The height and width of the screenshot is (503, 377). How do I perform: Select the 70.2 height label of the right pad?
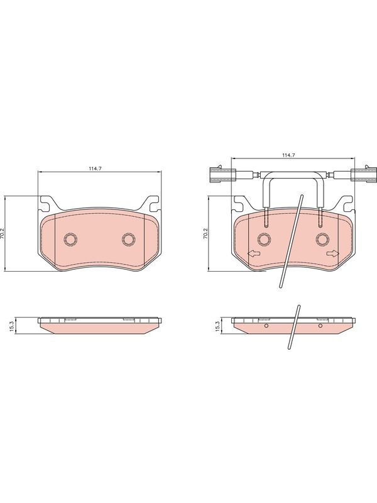click(205, 233)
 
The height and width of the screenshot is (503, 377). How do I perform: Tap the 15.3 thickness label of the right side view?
click(217, 326)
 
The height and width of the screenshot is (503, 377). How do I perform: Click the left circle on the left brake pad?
click(70, 240)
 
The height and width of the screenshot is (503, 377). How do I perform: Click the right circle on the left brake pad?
click(129, 240)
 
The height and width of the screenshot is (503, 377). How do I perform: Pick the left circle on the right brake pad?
click(265, 239)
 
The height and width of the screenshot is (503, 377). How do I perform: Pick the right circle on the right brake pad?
click(322, 239)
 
